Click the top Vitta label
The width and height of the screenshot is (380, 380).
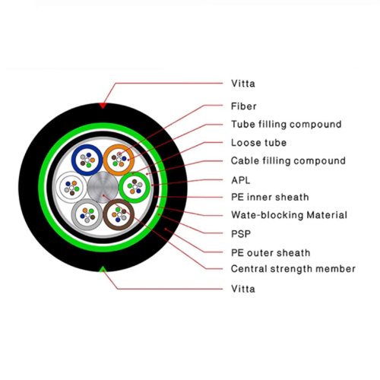243,84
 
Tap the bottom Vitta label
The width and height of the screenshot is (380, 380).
243,289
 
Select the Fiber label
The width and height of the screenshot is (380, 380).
243,106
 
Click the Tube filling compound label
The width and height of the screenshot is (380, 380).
287,125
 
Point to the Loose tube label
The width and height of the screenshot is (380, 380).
258,143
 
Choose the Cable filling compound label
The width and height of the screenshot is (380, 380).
288,161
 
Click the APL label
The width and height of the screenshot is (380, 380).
241,180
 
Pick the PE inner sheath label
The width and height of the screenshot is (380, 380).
270,197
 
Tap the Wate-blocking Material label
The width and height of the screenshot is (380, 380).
289,215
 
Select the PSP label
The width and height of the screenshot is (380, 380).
241,234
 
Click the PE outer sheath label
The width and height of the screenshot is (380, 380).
271,253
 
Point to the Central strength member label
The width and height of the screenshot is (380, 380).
293,269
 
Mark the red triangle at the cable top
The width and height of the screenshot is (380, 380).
103,106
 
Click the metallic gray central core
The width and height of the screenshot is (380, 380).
103,187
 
